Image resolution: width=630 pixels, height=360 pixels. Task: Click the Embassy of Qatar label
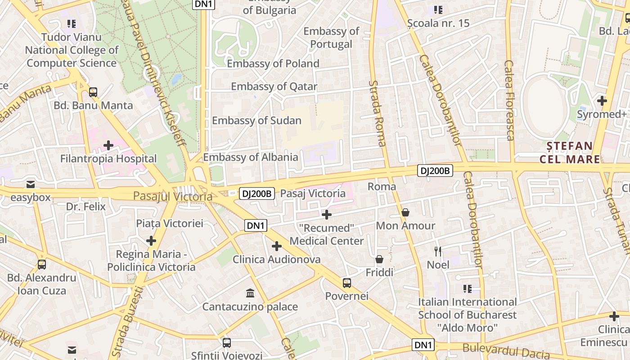pos(274,86)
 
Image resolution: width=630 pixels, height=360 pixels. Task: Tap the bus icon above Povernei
pos(346,283)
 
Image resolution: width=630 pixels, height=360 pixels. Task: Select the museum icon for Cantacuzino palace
pos(250,293)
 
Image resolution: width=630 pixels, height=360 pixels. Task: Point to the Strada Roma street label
pos(377,113)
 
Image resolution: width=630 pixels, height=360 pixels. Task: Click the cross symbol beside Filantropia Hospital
pos(108,145)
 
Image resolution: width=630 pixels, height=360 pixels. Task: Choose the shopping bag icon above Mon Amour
pos(405,212)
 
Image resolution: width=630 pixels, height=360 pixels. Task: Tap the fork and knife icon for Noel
pos(438,251)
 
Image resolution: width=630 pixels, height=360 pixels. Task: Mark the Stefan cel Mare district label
pos(570,152)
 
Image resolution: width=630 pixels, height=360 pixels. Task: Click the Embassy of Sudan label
pos(256,120)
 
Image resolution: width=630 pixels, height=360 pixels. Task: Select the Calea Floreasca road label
pos(509,100)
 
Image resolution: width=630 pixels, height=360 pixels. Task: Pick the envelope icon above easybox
pos(31,184)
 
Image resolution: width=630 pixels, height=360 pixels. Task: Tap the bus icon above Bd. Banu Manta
pos(93,92)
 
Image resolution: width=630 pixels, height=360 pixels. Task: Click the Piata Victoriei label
pos(170,223)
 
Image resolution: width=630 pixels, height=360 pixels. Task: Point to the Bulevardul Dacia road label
pos(506,350)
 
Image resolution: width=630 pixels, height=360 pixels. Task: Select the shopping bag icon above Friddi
pos(379,259)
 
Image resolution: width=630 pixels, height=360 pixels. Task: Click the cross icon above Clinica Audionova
pos(277,246)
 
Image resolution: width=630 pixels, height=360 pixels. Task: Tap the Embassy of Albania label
pos(251,157)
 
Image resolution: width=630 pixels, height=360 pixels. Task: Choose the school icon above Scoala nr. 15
pos(438,9)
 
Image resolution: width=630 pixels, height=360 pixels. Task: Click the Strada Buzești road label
pos(122,323)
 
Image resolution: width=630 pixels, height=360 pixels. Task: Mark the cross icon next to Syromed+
pos(602,101)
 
